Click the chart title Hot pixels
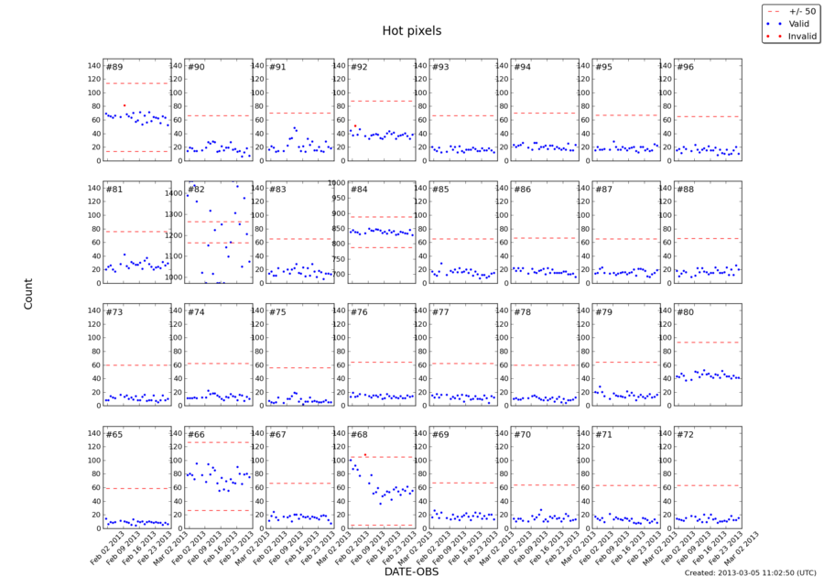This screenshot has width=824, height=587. coord(411,30)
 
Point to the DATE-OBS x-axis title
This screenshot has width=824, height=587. coord(411,570)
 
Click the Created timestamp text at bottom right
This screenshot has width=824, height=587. coord(750,572)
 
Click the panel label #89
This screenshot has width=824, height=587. coord(114,68)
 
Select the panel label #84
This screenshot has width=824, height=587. coord(359,190)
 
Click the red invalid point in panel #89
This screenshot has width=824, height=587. coord(125,105)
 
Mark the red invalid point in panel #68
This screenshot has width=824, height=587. coord(365,454)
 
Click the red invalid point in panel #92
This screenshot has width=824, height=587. coord(355,126)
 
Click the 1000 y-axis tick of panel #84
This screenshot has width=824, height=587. coord(335,183)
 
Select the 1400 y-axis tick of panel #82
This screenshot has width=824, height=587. coord(174,194)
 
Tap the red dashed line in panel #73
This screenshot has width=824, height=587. coord(137,364)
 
